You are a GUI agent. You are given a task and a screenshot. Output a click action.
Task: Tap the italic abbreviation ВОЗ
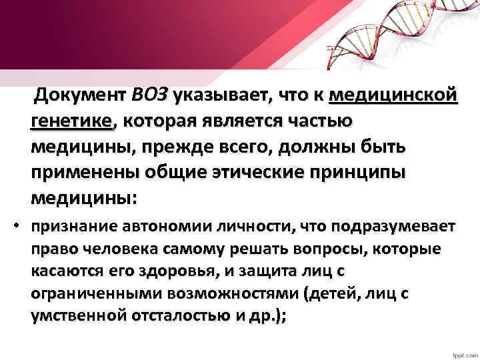point(150,96)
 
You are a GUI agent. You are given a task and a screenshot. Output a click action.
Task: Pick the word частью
point(322,122)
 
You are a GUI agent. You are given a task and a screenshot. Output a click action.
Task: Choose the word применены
point(81,173)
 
